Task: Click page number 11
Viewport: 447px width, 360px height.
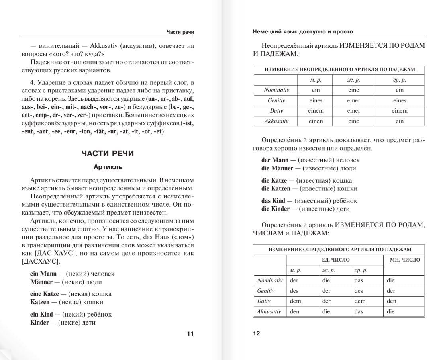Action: click(x=190, y=333)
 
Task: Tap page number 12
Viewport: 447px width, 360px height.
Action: click(x=256, y=333)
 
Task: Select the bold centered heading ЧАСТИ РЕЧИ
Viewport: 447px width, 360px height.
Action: click(x=108, y=153)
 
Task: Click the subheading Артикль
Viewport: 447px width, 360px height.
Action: click(x=108, y=167)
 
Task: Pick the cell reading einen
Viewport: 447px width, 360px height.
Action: click(x=316, y=121)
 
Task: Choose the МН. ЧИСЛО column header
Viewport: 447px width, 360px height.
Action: click(x=404, y=260)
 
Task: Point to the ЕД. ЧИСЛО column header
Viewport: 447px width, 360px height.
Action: click(x=335, y=260)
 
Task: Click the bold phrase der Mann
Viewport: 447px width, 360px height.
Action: click(x=274, y=160)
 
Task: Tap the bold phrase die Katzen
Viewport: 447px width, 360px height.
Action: click(x=279, y=188)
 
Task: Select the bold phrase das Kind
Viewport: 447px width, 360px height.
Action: click(x=273, y=201)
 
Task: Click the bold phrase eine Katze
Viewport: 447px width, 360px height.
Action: click(x=45, y=294)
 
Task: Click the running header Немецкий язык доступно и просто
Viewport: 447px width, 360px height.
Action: click(x=303, y=31)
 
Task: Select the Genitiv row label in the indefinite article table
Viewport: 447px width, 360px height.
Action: click(x=275, y=100)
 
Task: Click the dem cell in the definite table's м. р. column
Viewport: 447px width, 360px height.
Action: click(x=295, y=301)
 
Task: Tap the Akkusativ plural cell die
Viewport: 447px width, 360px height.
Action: click(x=391, y=311)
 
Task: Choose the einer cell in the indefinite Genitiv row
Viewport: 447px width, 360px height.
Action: click(x=353, y=100)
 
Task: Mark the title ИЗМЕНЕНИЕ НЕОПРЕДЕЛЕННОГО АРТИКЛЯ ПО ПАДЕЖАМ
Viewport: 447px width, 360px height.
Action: click(x=339, y=69)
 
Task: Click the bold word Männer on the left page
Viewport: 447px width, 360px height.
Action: click(x=41, y=282)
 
